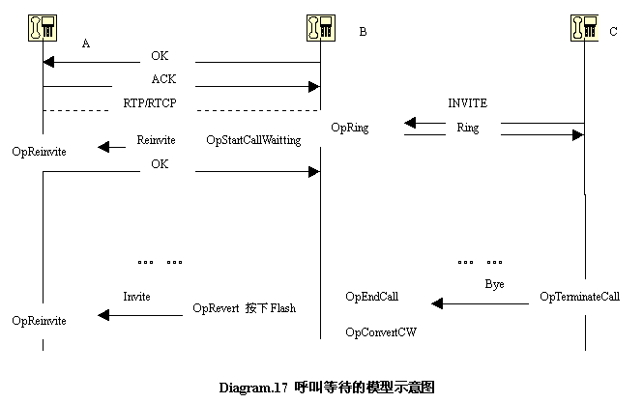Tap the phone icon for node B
click(x=321, y=28)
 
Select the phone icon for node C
click(x=584, y=28)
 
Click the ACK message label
click(x=163, y=79)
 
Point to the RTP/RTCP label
click(x=157, y=101)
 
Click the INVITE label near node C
click(x=467, y=102)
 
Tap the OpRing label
click(x=349, y=127)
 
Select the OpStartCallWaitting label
click(x=253, y=140)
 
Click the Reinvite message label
click(x=156, y=140)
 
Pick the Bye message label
click(x=494, y=285)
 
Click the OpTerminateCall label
click(x=579, y=297)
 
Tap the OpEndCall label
click(x=371, y=297)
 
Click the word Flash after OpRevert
click(x=283, y=308)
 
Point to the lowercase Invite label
click(x=136, y=296)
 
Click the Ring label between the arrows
click(x=467, y=128)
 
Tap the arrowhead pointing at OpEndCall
click(x=437, y=304)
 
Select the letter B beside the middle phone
click(x=363, y=32)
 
